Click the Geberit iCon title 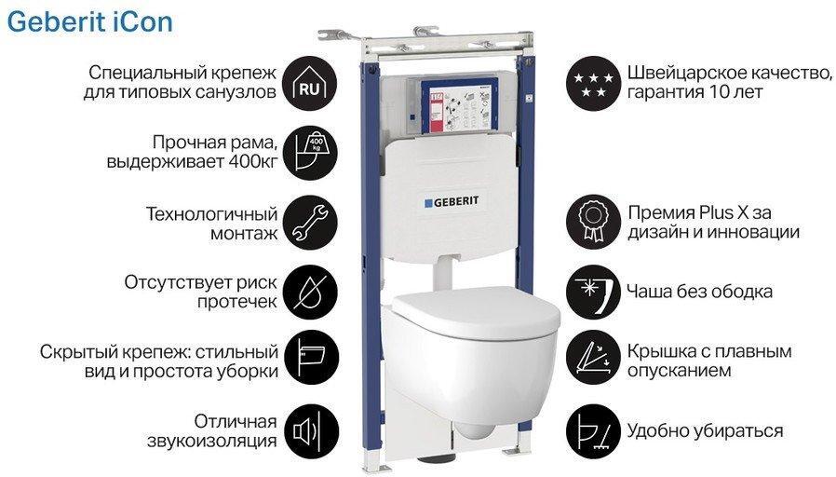coord(89,22)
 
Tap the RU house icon coord(309,84)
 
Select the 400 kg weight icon coord(309,153)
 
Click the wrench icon coord(309,222)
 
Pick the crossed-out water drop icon coord(309,292)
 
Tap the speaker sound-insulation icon coord(309,431)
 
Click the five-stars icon coord(593,84)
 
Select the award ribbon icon coord(593,222)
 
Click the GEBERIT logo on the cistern coord(452,202)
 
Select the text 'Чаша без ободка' coord(699,292)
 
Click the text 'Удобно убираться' coord(705,431)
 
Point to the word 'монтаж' coord(244,234)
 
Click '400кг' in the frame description coord(252,161)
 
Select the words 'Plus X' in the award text coord(716,213)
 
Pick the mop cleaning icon coord(593,431)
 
